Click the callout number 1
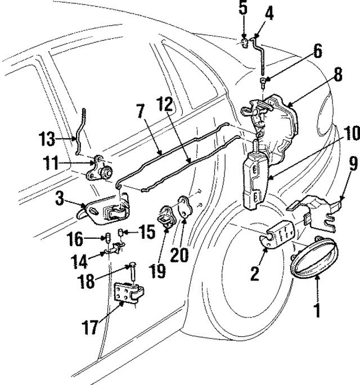point(317,310)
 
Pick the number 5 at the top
point(243,9)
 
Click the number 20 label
point(180,255)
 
